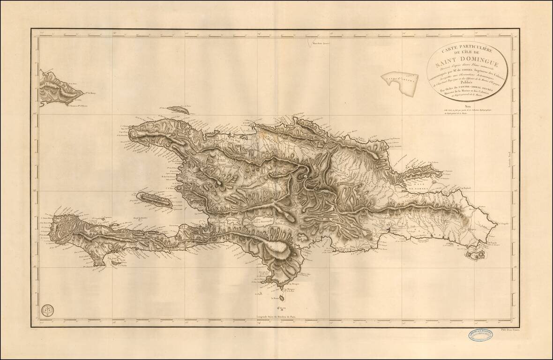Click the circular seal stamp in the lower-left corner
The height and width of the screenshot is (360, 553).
46,310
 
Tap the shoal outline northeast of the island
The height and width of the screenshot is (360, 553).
399,82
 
